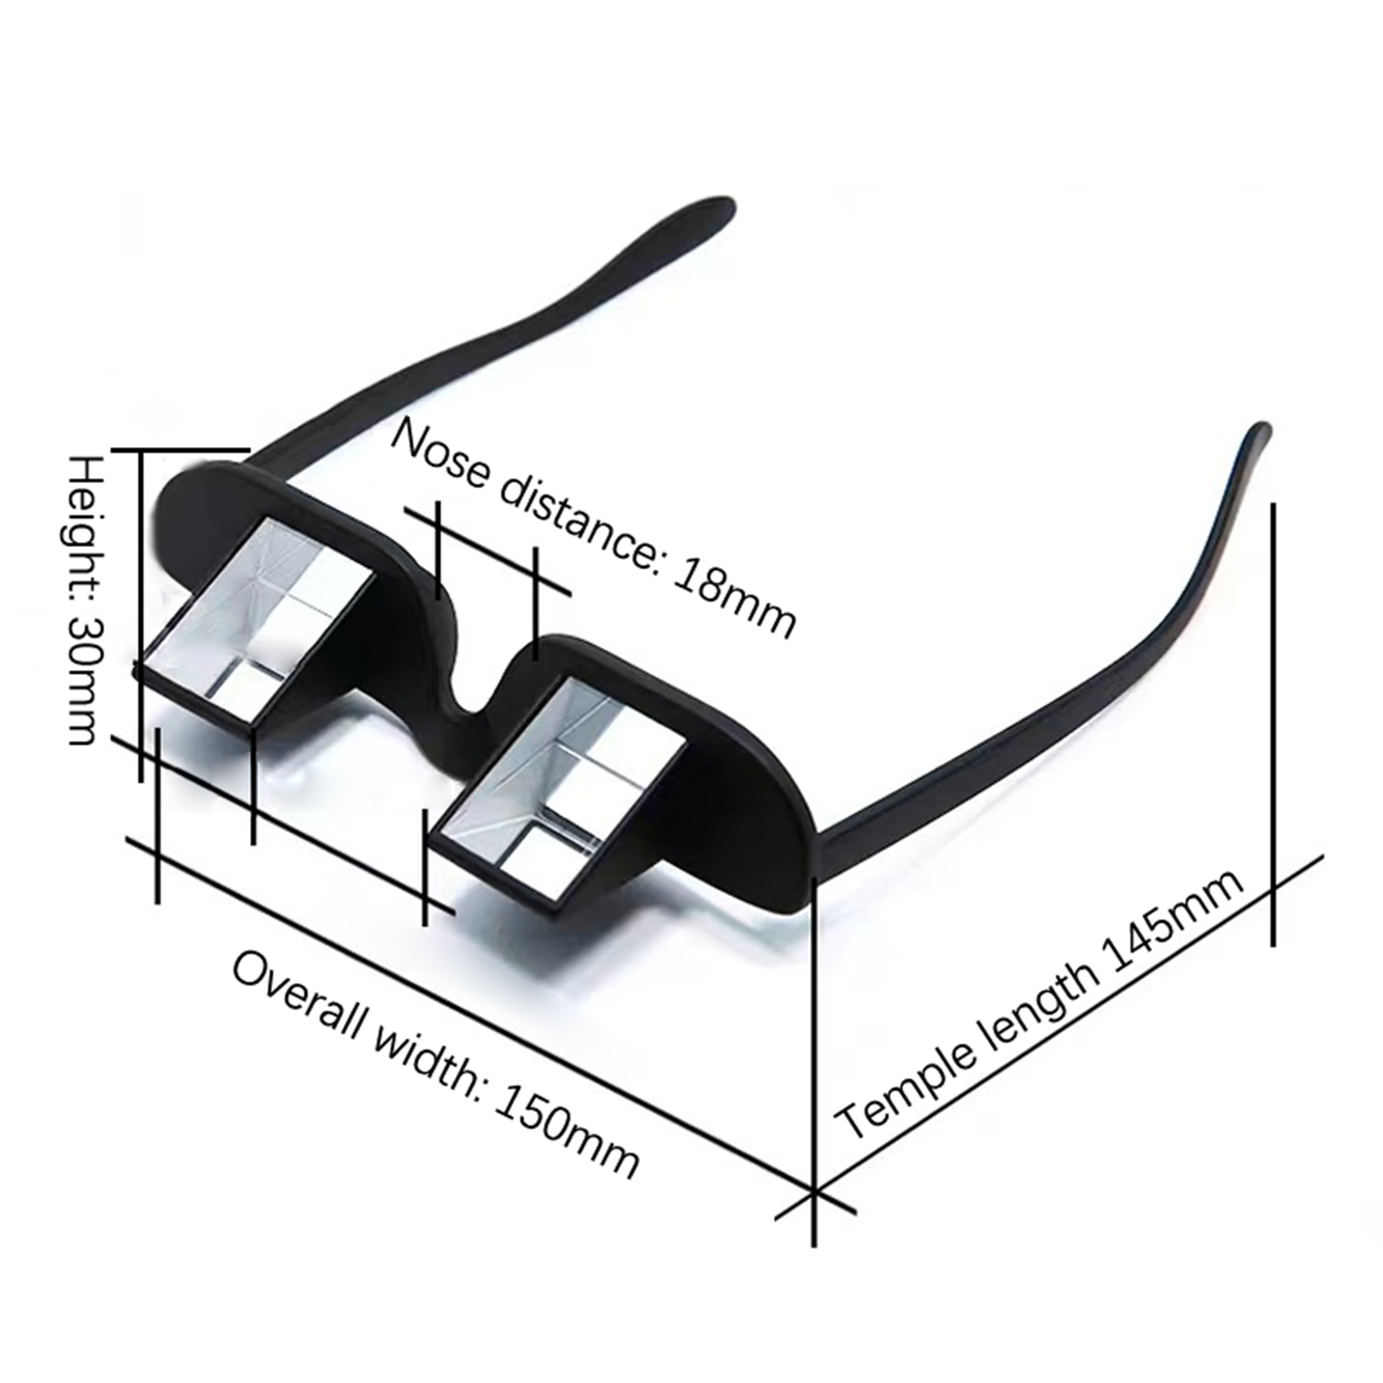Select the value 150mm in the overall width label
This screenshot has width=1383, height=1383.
[567, 1131]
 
